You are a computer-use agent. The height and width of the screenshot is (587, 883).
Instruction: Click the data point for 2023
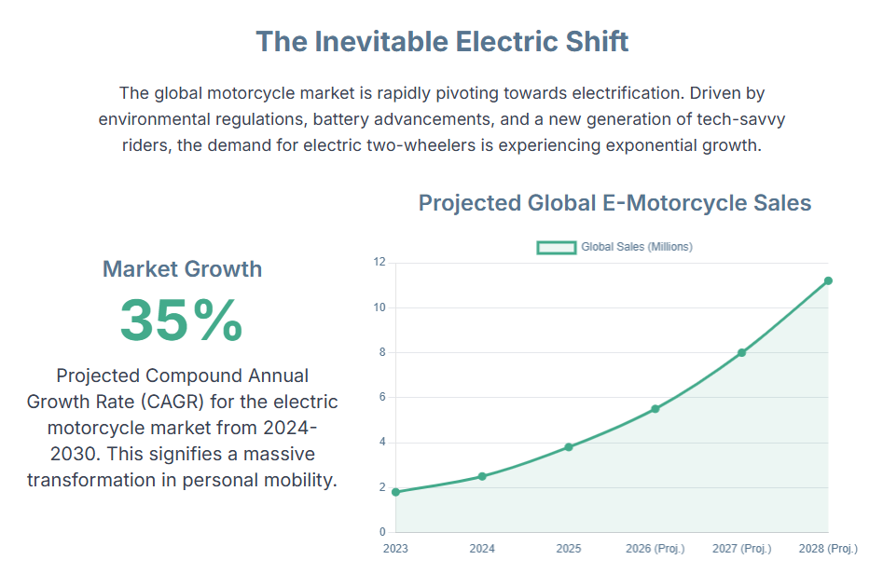tap(395, 492)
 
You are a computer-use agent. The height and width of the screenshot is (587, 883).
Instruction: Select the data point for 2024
tap(482, 476)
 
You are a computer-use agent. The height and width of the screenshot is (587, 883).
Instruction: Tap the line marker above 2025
tap(569, 447)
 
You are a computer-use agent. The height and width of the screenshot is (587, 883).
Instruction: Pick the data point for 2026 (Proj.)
tap(655, 409)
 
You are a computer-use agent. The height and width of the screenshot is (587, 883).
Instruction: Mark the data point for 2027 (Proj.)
tap(742, 352)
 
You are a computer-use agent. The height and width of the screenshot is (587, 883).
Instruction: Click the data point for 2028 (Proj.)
tap(828, 280)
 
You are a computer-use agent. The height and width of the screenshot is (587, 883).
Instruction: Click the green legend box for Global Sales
tap(557, 247)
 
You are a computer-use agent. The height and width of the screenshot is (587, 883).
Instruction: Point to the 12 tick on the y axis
tap(379, 262)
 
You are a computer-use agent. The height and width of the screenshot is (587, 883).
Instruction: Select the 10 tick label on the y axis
tap(379, 307)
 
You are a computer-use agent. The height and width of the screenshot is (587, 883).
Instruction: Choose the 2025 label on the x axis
tap(569, 549)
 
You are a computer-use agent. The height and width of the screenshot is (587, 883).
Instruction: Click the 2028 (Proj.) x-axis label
tap(828, 549)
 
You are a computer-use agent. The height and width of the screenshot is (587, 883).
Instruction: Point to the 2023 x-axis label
tap(395, 549)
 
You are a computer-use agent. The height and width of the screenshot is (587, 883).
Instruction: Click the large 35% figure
tap(182, 320)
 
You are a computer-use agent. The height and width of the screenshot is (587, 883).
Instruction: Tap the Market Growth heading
tap(182, 269)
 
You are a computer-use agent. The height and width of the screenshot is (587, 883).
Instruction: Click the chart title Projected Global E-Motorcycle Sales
tap(614, 202)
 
